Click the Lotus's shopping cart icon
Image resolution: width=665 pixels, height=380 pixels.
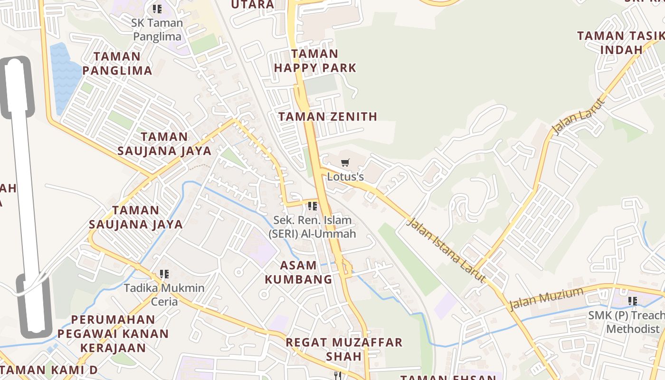[345, 163]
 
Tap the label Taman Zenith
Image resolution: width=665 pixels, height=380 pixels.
[328, 116]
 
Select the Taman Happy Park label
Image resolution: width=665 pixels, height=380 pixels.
[315, 61]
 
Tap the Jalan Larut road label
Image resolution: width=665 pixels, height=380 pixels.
[579, 116]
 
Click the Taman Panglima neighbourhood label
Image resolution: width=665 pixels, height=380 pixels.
[117, 64]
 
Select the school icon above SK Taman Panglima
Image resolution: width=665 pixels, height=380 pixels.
[157, 9]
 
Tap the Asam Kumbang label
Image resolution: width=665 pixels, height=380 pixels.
[298, 272]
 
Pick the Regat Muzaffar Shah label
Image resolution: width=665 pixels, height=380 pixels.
[344, 349]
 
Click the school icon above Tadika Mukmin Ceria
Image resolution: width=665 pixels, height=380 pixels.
[164, 274]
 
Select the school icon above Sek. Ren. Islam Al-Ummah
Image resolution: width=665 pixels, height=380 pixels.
[312, 206]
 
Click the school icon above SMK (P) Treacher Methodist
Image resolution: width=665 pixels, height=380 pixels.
[633, 301]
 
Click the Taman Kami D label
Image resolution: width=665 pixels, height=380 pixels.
[50, 370]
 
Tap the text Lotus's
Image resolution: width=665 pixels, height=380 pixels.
[345, 177]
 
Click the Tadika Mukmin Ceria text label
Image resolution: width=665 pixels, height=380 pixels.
[164, 294]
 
